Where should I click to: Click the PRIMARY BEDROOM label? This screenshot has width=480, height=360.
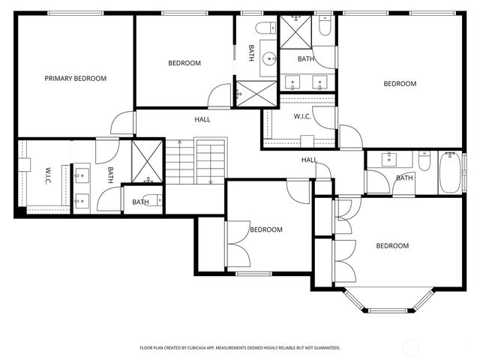pyautogui.click(x=75, y=78)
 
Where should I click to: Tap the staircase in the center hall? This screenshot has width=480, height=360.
pyautogui.click(x=196, y=160)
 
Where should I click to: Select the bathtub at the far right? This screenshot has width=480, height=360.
pyautogui.click(x=450, y=172)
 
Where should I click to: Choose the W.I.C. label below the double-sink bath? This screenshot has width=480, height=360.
pyautogui.click(x=302, y=116)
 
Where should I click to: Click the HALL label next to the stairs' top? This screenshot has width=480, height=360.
pyautogui.click(x=202, y=119)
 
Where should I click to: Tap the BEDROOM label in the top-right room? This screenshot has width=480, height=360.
pyautogui.click(x=400, y=84)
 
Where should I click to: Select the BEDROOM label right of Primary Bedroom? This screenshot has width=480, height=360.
pyautogui.click(x=184, y=63)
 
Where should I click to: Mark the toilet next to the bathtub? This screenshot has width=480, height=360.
pyautogui.click(x=424, y=161)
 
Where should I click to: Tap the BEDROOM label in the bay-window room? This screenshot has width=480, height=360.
pyautogui.click(x=392, y=246)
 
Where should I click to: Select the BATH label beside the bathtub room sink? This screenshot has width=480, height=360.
pyautogui.click(x=404, y=178)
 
